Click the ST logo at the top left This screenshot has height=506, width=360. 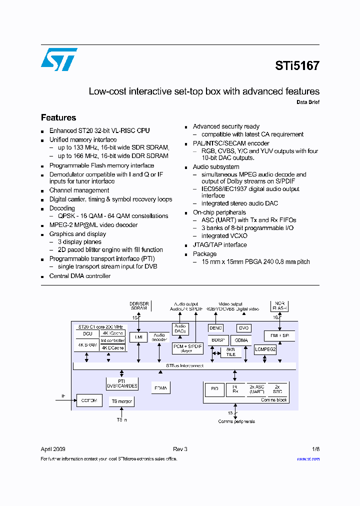[x=59, y=59]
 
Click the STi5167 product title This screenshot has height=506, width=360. [x=297, y=65]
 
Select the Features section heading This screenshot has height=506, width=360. [x=58, y=118]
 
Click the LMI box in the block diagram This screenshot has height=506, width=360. [x=138, y=337]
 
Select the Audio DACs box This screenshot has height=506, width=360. [x=179, y=328]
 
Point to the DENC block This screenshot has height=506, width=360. [x=216, y=328]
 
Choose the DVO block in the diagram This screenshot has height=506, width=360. [x=243, y=328]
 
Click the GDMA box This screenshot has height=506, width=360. [x=241, y=340]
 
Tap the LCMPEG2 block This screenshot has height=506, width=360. [x=265, y=349]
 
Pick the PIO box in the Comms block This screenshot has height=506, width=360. [x=214, y=389]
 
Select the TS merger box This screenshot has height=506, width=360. [x=121, y=401]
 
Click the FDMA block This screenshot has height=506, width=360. [x=160, y=388]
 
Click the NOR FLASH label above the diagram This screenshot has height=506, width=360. [x=279, y=305]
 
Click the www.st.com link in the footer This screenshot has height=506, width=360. [x=308, y=459]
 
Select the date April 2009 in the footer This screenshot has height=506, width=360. [x=52, y=449]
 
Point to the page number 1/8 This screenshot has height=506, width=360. [x=315, y=449]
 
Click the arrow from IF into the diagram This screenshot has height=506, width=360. [x=68, y=400]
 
